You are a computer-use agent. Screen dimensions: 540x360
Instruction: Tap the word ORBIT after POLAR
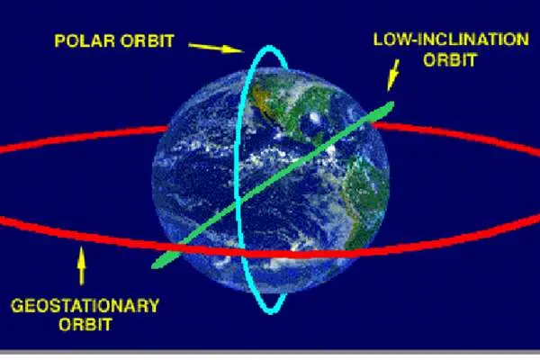147,40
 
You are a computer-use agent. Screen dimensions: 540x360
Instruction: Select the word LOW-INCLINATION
451,40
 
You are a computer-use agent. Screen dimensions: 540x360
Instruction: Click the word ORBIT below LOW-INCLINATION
450,59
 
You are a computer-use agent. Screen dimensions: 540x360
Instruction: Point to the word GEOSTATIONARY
85,306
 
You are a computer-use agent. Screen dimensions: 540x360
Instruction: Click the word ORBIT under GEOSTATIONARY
85,324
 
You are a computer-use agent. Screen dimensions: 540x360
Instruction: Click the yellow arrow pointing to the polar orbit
216,48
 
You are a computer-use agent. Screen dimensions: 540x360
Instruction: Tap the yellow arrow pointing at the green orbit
393,75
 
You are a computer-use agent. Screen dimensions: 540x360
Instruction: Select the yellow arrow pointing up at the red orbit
81,265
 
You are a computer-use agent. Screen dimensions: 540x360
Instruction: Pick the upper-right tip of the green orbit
392,103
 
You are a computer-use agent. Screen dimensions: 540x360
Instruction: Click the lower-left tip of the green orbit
153,266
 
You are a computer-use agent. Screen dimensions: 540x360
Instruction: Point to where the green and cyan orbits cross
238,202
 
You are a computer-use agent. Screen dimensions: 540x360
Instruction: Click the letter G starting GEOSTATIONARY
17,306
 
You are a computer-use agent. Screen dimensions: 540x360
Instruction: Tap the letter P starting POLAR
59,40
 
